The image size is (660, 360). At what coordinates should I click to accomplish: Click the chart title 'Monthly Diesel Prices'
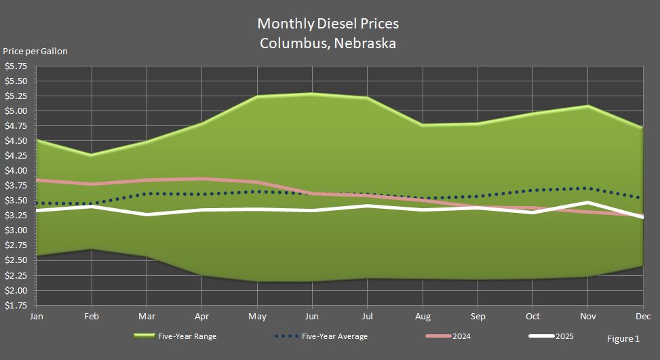(x=328, y=24)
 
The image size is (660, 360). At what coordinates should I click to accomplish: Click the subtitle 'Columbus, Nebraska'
(x=328, y=43)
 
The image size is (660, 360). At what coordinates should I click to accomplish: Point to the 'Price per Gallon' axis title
(x=35, y=52)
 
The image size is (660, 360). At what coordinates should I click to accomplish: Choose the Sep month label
(x=479, y=317)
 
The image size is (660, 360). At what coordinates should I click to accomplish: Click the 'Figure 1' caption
(x=623, y=338)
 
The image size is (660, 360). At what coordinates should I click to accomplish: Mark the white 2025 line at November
(x=587, y=203)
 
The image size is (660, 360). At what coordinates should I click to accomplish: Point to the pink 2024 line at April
(x=201, y=179)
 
